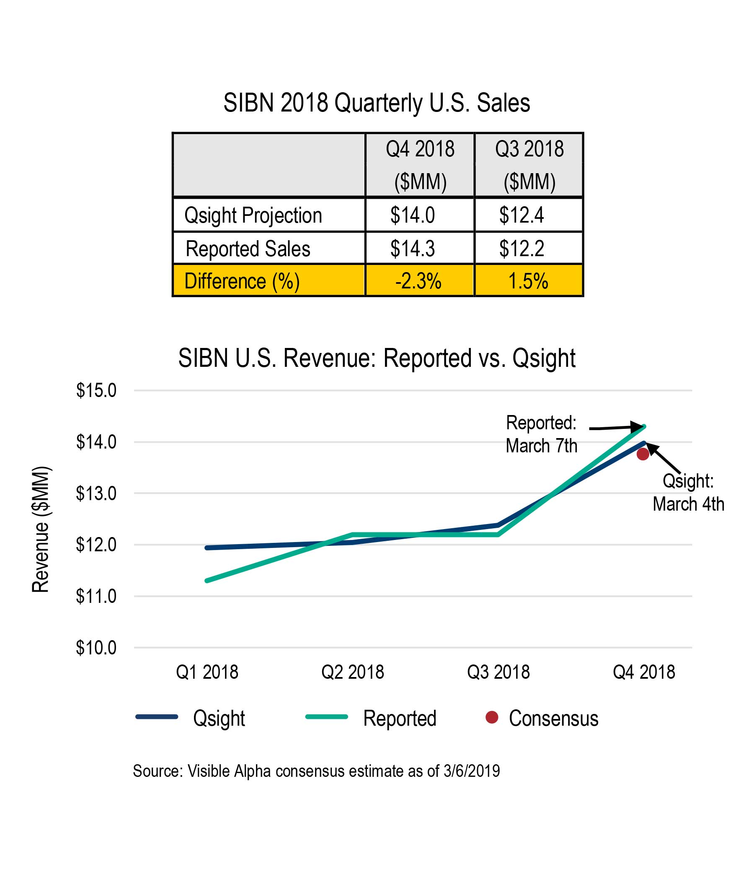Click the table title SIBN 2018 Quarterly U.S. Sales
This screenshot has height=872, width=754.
click(x=377, y=103)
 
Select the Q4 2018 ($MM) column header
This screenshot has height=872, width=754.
click(x=420, y=165)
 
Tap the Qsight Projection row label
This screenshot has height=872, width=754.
click(x=253, y=215)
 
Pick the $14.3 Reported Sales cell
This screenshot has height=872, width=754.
click(x=412, y=249)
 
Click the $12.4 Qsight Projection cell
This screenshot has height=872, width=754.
click(x=522, y=215)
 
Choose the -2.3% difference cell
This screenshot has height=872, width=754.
click(x=418, y=281)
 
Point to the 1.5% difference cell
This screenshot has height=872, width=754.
click(x=528, y=281)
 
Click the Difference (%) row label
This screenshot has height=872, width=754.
click(x=242, y=281)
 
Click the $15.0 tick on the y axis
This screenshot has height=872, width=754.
click(x=96, y=391)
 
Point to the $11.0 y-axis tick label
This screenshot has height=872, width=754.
click(x=96, y=596)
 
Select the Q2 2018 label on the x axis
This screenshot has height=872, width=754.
click(x=353, y=672)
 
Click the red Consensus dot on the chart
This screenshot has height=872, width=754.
click(x=643, y=454)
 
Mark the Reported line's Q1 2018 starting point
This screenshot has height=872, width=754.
click(x=207, y=581)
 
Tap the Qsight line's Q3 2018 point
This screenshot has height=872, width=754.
click(x=498, y=525)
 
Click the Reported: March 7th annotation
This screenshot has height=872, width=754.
click(x=542, y=434)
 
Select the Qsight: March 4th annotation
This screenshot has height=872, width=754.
click(x=688, y=492)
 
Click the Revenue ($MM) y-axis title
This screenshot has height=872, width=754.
click(x=41, y=529)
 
